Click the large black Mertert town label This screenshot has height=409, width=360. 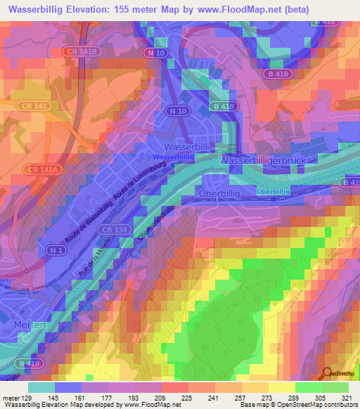pyautogui.click(x=32, y=325)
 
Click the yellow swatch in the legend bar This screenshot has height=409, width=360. pyautogui.click(x=281, y=387)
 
